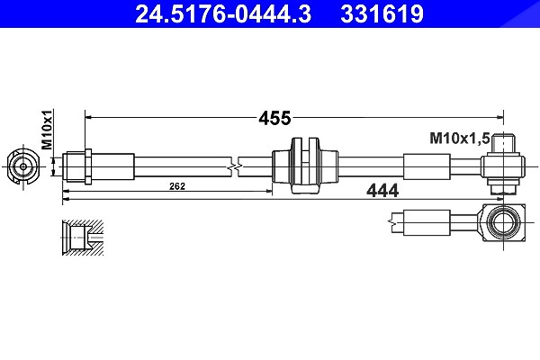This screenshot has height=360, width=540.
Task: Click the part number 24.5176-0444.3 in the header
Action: point(223,13)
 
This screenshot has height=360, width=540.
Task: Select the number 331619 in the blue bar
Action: point(382,13)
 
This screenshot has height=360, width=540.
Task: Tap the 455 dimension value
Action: point(274,118)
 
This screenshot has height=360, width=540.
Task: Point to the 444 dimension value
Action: point(382,191)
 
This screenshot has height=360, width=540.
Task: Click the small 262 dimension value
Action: point(177,186)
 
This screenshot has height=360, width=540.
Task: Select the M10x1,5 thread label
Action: point(459,139)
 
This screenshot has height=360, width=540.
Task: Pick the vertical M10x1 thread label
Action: point(47,130)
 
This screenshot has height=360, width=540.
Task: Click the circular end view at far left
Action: point(23,166)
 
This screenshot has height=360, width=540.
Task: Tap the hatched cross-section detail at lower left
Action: point(83,238)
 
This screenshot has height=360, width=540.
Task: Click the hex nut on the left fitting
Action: point(88,166)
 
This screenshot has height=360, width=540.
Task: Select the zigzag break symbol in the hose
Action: point(234,166)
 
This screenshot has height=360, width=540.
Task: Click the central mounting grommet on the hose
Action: point(305,166)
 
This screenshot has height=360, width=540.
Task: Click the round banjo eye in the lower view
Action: point(503,222)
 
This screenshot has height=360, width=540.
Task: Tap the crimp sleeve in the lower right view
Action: point(427,223)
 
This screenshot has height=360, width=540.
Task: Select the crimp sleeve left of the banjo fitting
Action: point(427,166)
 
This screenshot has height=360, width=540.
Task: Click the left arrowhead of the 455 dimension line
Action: point(88,118)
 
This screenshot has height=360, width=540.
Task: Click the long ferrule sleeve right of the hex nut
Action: point(112,166)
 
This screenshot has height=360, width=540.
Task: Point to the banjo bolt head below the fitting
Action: point(503,188)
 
